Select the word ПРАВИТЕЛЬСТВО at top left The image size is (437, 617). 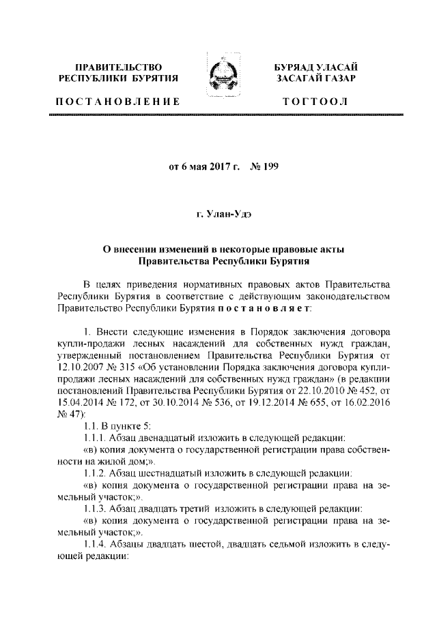point(117,67)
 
